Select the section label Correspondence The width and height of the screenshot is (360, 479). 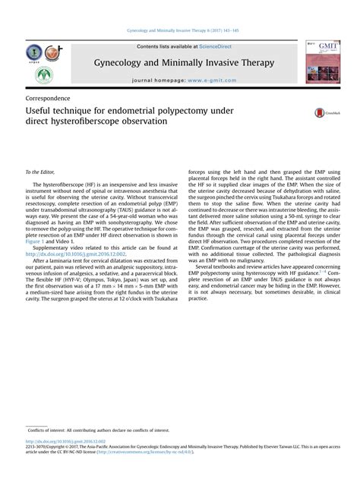tap(48, 99)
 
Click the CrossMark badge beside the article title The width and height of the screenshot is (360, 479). tap(325, 112)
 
